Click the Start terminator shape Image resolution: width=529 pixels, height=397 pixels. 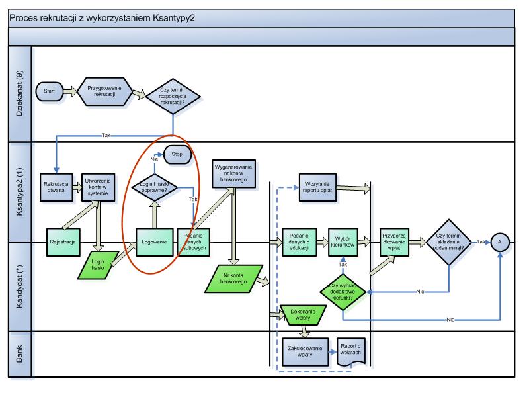(49, 91)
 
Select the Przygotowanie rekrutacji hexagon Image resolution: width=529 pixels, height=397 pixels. (104, 91)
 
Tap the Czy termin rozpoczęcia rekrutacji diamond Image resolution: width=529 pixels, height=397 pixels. (173, 96)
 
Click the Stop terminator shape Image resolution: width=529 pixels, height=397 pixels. (177, 155)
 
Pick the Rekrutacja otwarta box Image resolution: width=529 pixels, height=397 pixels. (56, 188)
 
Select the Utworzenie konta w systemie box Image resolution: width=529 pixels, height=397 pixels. (98, 188)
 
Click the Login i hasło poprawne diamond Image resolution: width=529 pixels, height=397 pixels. (155, 187)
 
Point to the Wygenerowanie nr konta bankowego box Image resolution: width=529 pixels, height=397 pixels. (233, 173)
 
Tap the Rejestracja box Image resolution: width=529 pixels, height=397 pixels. (63, 242)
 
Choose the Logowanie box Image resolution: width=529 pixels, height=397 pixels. (155, 242)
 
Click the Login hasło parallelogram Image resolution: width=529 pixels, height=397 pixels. (98, 265)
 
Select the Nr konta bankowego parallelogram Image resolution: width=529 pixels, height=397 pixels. (234, 279)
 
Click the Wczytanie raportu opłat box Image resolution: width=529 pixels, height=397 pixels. (317, 188)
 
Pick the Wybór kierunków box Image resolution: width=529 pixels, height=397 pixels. (343, 242)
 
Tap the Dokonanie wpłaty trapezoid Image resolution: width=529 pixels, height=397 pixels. (304, 316)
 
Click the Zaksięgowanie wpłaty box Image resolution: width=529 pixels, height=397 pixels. (305, 352)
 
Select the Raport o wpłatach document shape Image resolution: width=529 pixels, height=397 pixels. (351, 352)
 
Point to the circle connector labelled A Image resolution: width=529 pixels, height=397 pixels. (500, 242)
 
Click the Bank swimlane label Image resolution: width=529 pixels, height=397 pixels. (20, 354)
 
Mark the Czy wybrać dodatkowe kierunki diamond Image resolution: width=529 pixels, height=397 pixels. (343, 292)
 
